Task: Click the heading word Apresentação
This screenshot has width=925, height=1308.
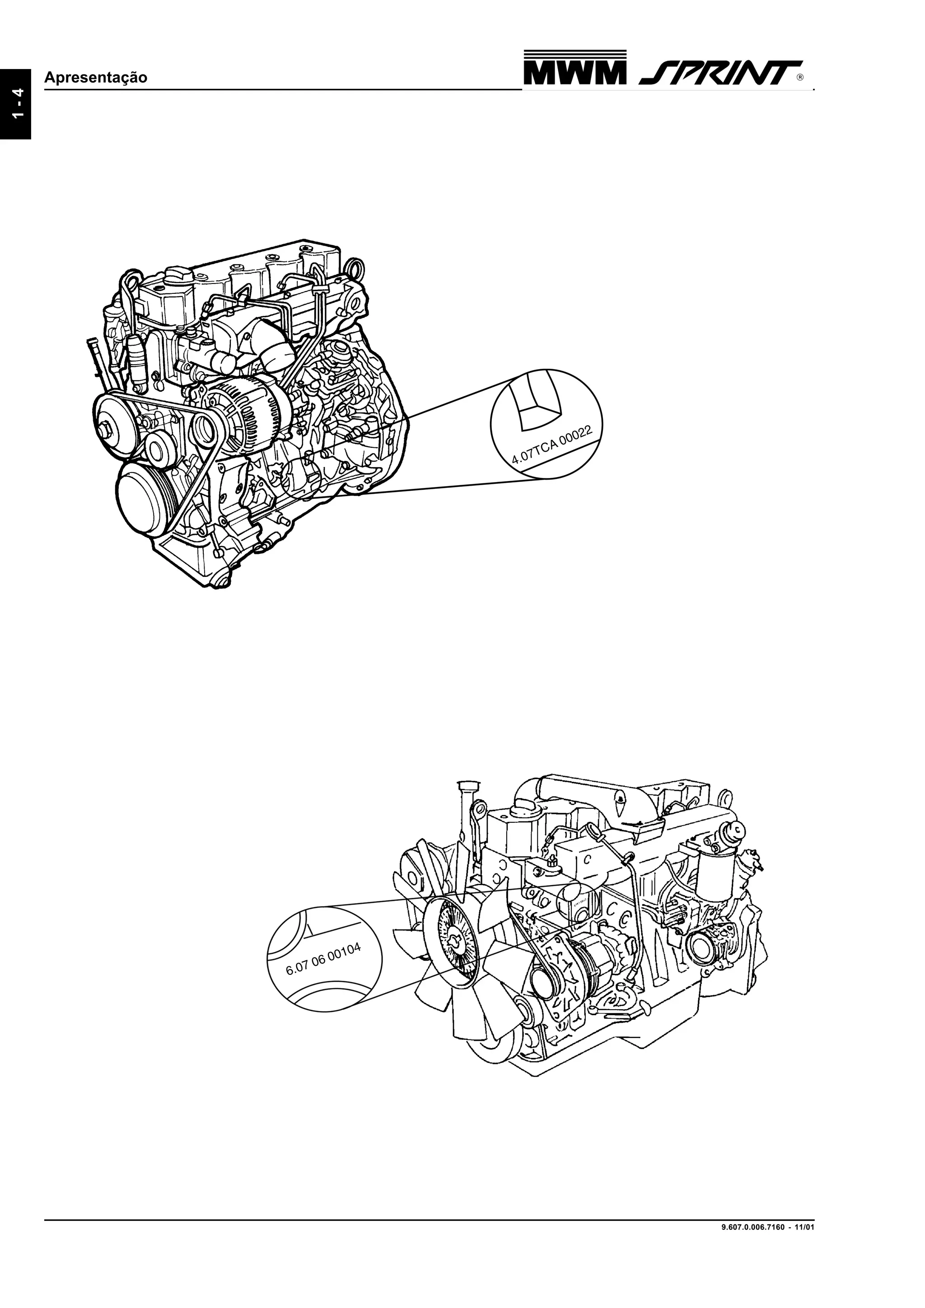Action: point(96,78)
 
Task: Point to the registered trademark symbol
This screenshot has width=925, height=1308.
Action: point(801,78)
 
